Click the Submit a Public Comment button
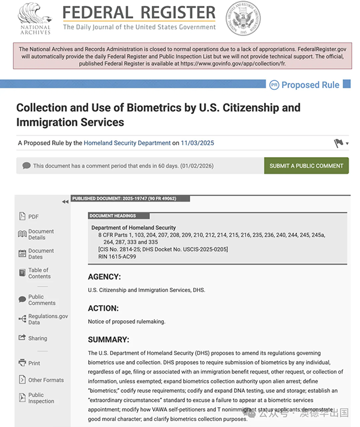click(x=306, y=166)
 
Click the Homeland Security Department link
click(x=127, y=143)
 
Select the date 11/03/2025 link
click(x=197, y=143)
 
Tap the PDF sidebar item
click(x=33, y=216)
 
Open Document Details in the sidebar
click(x=40, y=234)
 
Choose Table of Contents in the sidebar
click(x=39, y=273)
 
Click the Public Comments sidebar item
click(x=41, y=300)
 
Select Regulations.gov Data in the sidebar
click(x=47, y=319)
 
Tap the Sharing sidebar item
click(x=37, y=338)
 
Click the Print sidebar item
click(x=34, y=363)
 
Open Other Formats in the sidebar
click(x=46, y=380)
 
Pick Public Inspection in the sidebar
click(x=41, y=398)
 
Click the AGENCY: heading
click(x=104, y=277)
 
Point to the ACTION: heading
click(x=103, y=308)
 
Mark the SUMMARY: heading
click(x=109, y=339)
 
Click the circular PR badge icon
click(x=274, y=85)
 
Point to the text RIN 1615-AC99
click(x=114, y=257)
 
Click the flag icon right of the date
click(x=339, y=143)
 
